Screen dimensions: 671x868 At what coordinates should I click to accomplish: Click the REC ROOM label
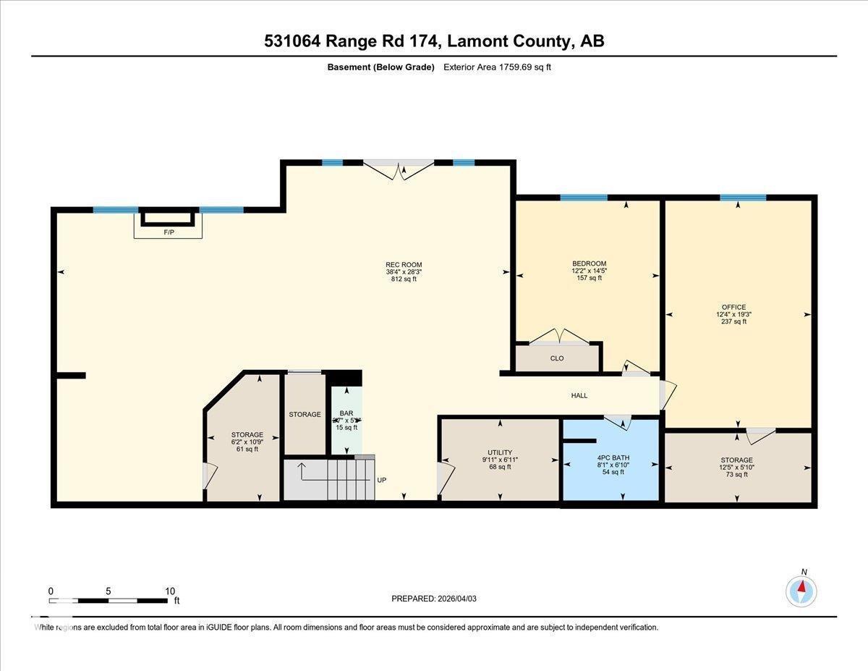pos(404,265)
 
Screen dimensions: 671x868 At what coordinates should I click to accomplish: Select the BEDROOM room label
pos(589,263)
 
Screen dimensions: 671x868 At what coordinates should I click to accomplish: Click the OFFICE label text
pos(733,307)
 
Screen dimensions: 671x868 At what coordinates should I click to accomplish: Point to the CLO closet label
pos(556,358)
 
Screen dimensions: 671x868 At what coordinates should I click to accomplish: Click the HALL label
pos(579,395)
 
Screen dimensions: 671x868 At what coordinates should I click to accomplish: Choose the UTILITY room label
pos(500,452)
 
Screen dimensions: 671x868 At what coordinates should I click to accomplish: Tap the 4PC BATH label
pos(612,457)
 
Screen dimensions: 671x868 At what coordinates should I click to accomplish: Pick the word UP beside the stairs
pos(382,480)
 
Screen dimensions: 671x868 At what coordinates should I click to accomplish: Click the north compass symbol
pos(801,590)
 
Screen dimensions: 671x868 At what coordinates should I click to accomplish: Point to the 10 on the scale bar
pos(170,591)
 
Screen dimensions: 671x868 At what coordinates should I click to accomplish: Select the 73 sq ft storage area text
pos(736,474)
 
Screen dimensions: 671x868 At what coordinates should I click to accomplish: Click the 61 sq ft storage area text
pos(247,450)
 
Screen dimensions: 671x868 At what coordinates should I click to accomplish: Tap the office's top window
pos(742,198)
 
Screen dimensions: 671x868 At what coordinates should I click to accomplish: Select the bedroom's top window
pos(583,198)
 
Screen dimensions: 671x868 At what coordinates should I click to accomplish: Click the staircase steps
pos(350,479)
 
